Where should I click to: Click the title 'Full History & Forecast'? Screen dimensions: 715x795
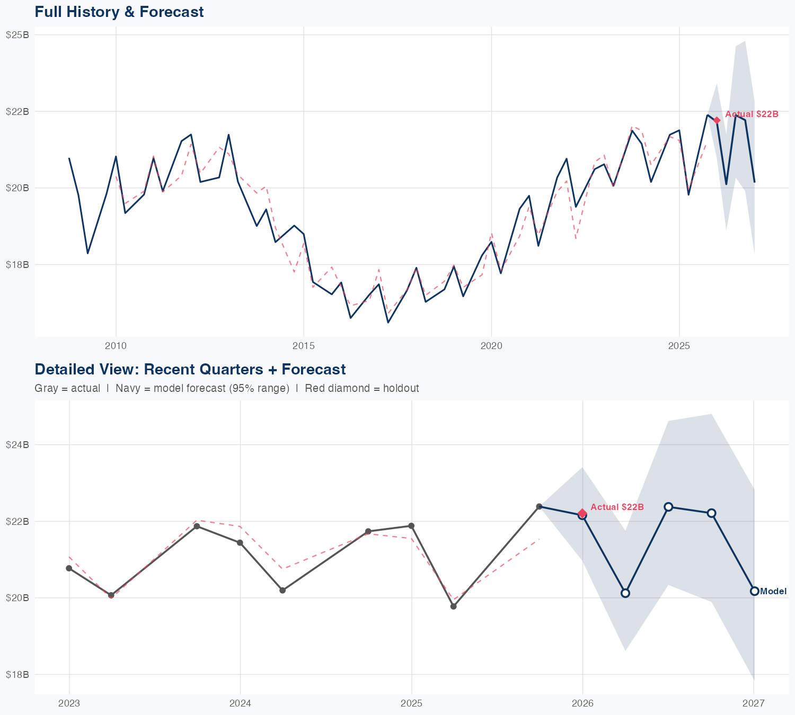pyautogui.click(x=119, y=12)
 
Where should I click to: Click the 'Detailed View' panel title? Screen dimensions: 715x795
pyautogui.click(x=190, y=369)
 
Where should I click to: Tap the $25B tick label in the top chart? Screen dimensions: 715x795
pyautogui.click(x=17, y=35)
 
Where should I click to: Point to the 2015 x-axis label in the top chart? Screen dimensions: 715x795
pyautogui.click(x=304, y=346)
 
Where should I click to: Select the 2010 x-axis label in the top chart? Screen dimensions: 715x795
pyautogui.click(x=116, y=346)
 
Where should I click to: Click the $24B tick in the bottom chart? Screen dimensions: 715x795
pyautogui.click(x=17, y=445)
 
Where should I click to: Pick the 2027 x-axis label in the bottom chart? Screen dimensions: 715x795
pyautogui.click(x=754, y=703)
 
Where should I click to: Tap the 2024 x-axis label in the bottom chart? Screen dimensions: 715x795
pyautogui.click(x=240, y=703)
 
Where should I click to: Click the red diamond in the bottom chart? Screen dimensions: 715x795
pyautogui.click(x=582, y=513)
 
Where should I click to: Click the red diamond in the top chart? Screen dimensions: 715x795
pyautogui.click(x=717, y=120)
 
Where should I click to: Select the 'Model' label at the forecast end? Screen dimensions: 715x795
pyautogui.click(x=773, y=592)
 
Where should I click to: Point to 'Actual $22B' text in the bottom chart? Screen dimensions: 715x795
pyautogui.click(x=617, y=507)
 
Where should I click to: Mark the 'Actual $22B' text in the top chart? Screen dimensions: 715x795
pyautogui.click(x=752, y=114)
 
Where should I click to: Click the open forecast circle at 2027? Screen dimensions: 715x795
pyautogui.click(x=754, y=591)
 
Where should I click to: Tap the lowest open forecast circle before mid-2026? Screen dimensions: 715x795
pyautogui.click(x=625, y=593)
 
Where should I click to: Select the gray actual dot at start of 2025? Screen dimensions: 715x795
pyautogui.click(x=411, y=526)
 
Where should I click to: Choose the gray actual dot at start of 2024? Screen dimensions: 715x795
pyautogui.click(x=240, y=543)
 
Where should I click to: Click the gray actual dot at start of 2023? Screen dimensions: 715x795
pyautogui.click(x=69, y=568)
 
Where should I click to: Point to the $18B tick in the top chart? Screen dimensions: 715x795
pyautogui.click(x=17, y=264)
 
